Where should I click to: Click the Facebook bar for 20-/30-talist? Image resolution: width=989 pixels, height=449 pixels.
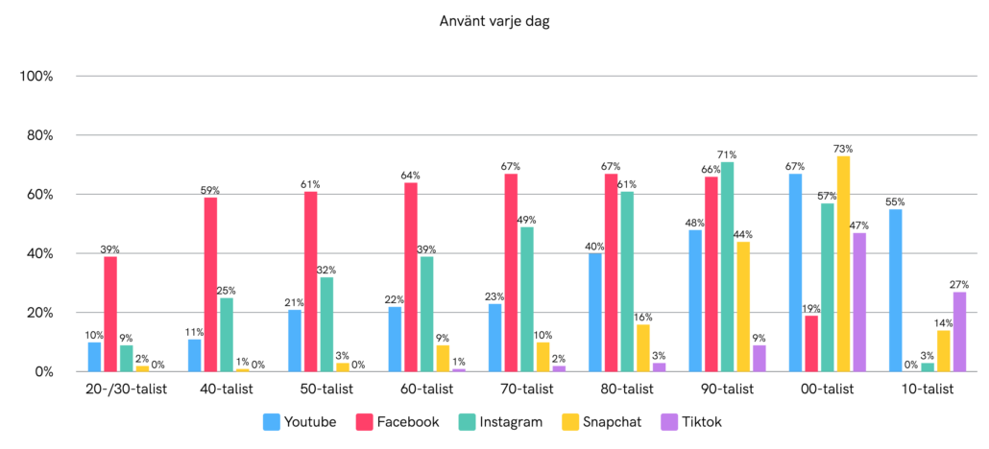click(109, 314)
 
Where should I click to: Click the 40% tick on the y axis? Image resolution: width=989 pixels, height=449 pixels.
click(41, 253)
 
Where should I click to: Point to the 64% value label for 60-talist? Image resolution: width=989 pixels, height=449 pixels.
click(410, 176)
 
